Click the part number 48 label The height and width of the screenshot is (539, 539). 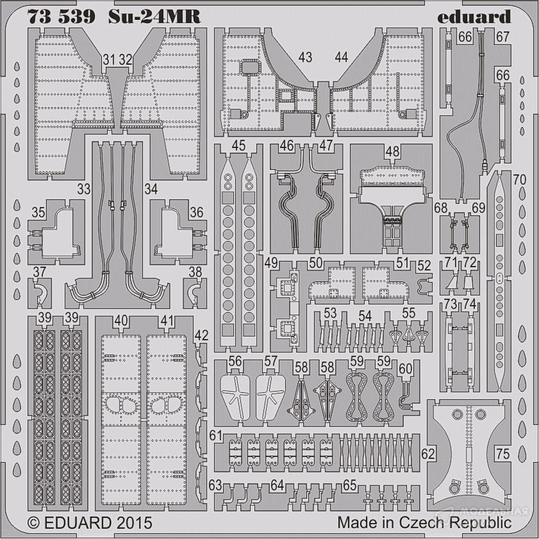[393, 152]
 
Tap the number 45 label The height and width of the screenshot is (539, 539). [238, 145]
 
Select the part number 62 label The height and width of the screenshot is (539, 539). [428, 454]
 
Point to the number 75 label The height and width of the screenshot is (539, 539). [502, 454]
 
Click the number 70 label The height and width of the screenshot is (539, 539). [519, 179]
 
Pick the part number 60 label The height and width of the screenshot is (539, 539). [406, 369]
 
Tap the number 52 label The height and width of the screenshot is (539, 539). [424, 265]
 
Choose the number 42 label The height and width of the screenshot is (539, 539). [201, 335]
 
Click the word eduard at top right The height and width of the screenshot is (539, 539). [474, 17]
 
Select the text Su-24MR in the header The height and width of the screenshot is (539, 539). [154, 17]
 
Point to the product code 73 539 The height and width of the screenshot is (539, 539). [61, 17]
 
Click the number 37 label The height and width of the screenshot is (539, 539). [40, 272]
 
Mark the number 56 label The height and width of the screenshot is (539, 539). [235, 361]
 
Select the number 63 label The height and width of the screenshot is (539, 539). [215, 485]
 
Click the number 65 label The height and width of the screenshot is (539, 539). [349, 485]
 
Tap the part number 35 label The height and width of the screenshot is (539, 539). [38, 212]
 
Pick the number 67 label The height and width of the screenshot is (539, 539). [502, 37]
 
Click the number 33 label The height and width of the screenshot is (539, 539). [83, 188]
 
